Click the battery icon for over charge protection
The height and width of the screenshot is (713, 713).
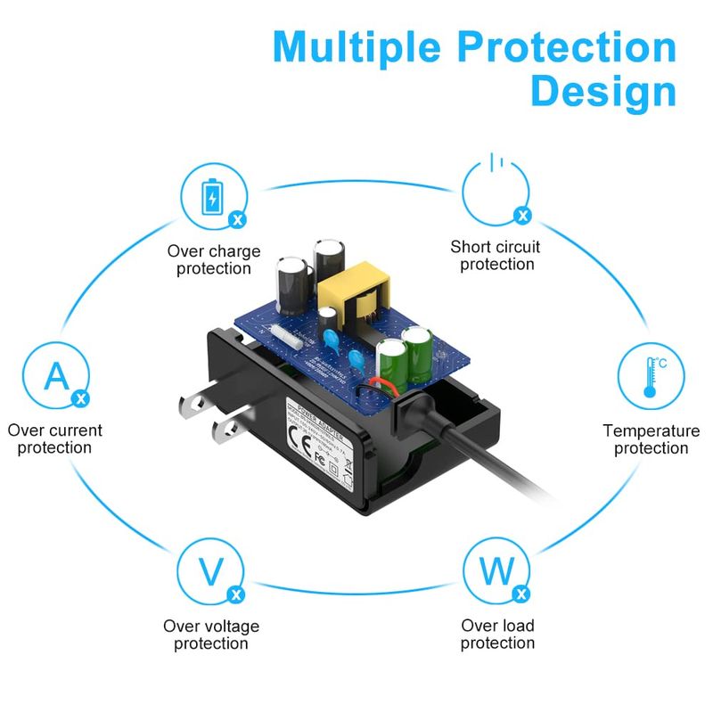(x=212, y=197)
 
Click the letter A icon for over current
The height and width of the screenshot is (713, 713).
(x=55, y=376)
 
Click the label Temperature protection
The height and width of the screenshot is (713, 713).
(x=652, y=438)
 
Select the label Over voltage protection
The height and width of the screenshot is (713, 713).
(x=211, y=635)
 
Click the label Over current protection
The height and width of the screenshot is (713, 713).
(x=54, y=438)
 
